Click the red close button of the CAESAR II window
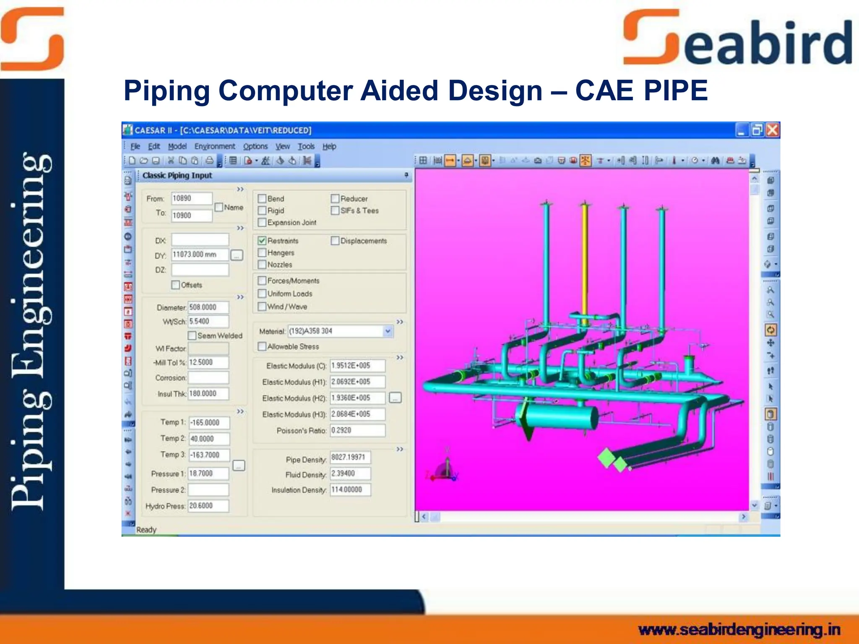point(773,130)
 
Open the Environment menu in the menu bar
point(215,146)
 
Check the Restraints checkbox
point(262,241)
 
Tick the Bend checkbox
point(262,198)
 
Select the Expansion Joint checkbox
point(262,222)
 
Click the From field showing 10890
point(191,198)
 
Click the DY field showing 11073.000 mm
point(200,254)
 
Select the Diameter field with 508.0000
point(208,307)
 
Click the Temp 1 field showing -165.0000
point(209,423)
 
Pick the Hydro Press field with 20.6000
point(208,506)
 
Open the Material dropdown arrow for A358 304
point(388,331)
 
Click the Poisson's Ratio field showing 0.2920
point(357,430)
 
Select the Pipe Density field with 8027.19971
point(350,457)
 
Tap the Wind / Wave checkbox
point(262,306)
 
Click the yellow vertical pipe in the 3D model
point(585,260)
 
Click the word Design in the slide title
point(495,91)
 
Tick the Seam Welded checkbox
point(192,335)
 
